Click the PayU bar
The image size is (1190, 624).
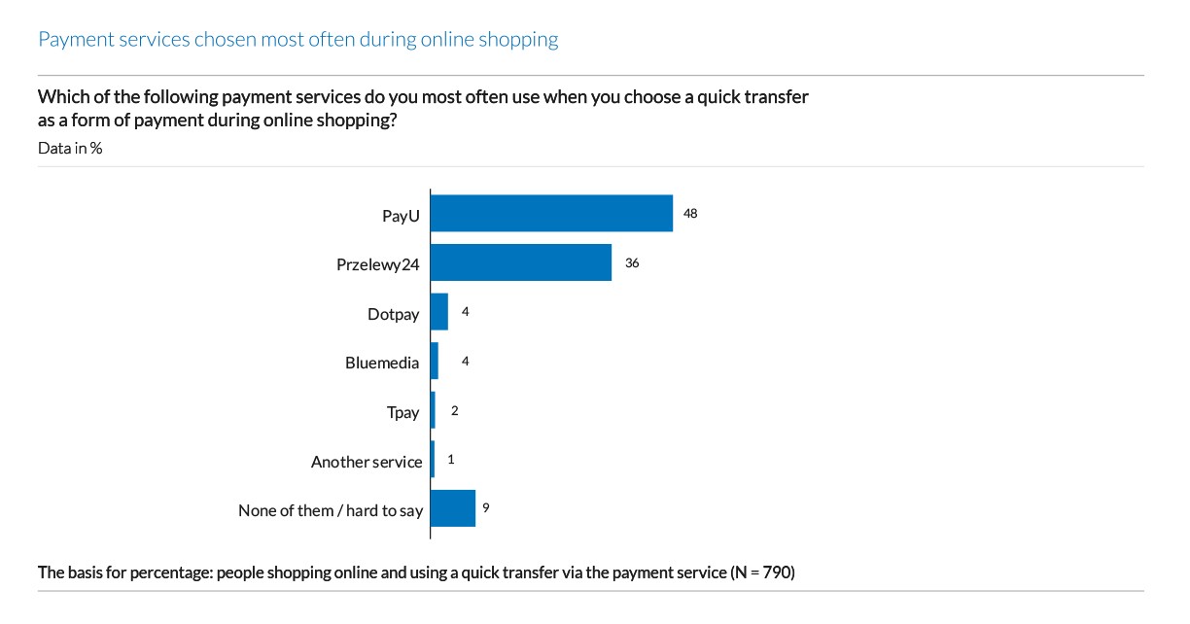pos(551,213)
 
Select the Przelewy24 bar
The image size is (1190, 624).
pos(521,262)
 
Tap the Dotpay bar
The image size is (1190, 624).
pos(439,312)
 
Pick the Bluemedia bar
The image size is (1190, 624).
pos(435,362)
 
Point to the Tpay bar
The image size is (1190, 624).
pos(433,411)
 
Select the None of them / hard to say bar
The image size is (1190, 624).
pos(453,508)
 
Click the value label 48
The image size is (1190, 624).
pos(690,213)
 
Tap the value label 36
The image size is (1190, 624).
pos(632,262)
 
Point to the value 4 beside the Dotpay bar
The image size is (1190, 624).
pos(466,312)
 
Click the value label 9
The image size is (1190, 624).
pos(485,507)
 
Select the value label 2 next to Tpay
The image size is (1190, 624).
pos(454,411)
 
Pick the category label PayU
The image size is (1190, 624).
pos(401,216)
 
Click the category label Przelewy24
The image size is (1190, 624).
pos(378,264)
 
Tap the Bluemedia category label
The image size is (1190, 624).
pos(382,363)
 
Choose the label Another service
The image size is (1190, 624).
pos(367,462)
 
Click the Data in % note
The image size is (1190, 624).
pos(70,149)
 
